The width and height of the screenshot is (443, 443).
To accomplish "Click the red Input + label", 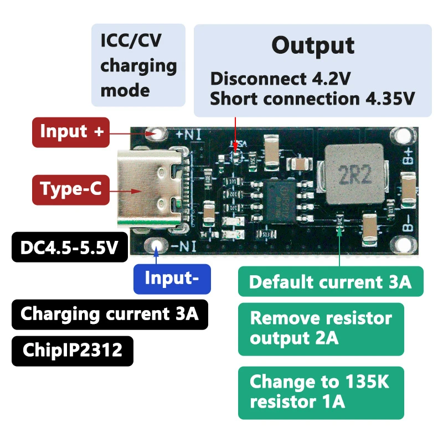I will tap(70, 132).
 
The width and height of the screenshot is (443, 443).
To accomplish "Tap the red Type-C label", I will tap(70, 189).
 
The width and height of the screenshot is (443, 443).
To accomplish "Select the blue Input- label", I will tap(172, 277).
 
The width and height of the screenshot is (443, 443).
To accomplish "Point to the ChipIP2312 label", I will tap(72, 350).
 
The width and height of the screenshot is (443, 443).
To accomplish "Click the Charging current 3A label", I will tap(109, 314).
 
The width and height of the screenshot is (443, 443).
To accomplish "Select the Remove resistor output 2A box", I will tap(321, 328).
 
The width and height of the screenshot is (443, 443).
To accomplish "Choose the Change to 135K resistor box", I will tap(321, 392).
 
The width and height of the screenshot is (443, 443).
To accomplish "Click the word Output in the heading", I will tap(313, 45).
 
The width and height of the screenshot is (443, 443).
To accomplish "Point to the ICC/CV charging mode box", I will tap(138, 65).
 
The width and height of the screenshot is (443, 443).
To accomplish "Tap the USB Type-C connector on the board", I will tap(150, 189).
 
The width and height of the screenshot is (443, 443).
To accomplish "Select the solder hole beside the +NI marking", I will tap(156, 134).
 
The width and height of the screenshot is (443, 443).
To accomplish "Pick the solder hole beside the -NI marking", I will tap(156, 246).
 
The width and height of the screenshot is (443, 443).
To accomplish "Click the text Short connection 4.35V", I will tap(312, 99).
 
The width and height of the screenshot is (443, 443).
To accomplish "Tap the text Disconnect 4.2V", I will tap(280, 79).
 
